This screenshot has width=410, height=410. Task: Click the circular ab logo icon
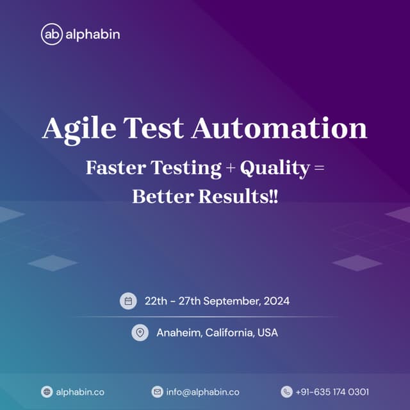[x=51, y=34]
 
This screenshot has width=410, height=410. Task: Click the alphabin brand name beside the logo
[x=92, y=34]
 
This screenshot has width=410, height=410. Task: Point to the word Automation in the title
[x=279, y=129]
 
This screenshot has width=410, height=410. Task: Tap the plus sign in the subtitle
[x=231, y=168]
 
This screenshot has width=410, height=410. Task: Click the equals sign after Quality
[x=320, y=168]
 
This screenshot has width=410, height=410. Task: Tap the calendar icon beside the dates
[x=128, y=300]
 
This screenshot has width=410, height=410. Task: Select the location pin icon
[x=140, y=333]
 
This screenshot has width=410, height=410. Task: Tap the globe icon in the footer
[x=47, y=391]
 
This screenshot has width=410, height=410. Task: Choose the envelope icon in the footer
[x=157, y=391]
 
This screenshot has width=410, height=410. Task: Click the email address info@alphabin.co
[x=202, y=391]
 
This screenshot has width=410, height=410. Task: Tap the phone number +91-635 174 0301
[x=332, y=391]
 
